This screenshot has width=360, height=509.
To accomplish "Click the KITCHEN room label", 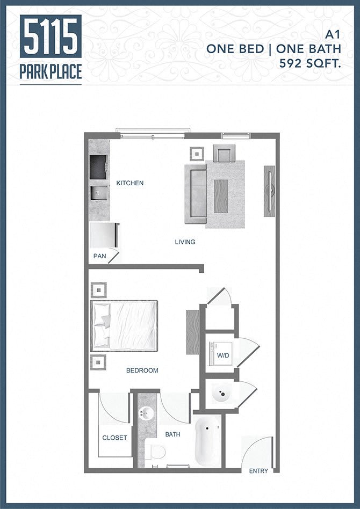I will pos(130,183).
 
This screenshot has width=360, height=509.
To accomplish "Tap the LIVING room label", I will pos(185,242).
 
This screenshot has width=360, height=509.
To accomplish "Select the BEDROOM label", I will pos(142,370).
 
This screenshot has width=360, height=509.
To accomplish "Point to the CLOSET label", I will pos(114,438).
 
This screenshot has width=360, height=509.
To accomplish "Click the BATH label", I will pos(172,434).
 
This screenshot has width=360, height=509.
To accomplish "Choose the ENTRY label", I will pos(258,471).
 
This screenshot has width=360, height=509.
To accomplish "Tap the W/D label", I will pos(222,356).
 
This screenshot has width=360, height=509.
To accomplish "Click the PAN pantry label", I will pos(100,256).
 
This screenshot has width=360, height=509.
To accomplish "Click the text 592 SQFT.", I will pos(310,63).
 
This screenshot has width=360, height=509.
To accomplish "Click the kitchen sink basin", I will pos(99,192).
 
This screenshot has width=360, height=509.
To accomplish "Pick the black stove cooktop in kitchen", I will pos(98,166).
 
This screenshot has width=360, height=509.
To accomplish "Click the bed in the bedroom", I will pos(125,325).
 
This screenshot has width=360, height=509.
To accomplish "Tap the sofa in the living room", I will pos(196,193).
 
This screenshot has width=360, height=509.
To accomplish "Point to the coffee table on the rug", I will pos(221,197).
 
